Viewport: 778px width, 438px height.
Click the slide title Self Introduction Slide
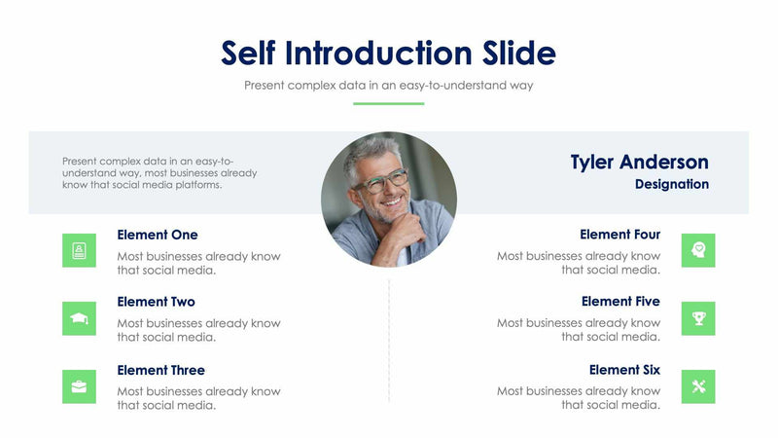[388, 53]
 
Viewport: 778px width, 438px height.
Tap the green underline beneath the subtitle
[388, 103]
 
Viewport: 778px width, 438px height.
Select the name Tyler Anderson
[639, 162]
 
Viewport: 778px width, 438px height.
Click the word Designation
[671, 184]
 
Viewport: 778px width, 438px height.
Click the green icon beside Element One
[79, 250]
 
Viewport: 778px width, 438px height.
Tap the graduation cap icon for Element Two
[79, 318]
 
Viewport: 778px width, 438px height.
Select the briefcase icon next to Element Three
[79, 386]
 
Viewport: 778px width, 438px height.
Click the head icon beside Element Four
[698, 250]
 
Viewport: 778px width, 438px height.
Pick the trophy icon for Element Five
[698, 318]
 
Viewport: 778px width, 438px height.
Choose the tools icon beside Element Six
[698, 386]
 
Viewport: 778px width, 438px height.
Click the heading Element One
[157, 235]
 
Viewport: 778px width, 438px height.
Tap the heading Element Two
[156, 302]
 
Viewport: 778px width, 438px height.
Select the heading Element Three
[160, 370]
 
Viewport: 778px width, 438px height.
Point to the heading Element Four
[619, 235]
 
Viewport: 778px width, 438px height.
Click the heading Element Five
[620, 302]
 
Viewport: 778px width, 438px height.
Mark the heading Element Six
[624, 370]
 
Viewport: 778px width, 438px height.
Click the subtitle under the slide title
[388, 86]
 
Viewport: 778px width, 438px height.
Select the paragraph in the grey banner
[159, 172]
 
